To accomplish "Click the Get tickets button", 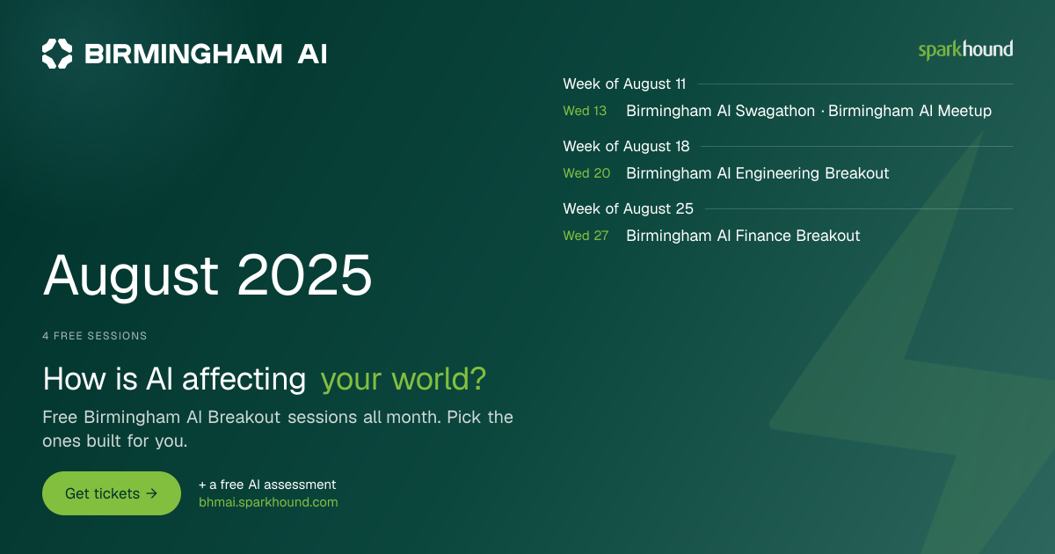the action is point(112,493).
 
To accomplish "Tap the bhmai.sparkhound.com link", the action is point(268,502).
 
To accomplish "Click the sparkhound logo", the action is point(965,50).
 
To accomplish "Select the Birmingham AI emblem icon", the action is point(57,54).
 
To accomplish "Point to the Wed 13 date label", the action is point(585,111).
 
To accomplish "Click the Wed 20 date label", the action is point(587,173).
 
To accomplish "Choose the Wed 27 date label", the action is point(586,236).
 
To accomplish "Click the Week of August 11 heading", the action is point(624,84).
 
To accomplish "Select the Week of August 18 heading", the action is point(626,147).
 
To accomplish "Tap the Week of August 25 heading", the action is point(629,208).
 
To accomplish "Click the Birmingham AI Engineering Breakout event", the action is point(757,173).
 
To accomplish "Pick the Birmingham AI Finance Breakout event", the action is point(743,236).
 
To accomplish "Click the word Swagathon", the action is point(775,111).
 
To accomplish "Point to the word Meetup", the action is point(964,111).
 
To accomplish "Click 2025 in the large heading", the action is point(304,275).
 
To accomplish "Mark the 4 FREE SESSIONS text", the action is point(95,336).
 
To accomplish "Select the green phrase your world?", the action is point(404,379).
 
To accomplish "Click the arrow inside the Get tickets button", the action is point(151,493).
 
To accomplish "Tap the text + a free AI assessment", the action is point(267,485).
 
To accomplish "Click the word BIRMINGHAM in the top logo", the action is point(184,54).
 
